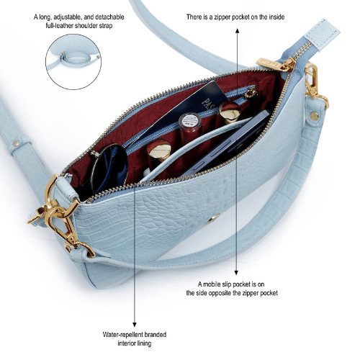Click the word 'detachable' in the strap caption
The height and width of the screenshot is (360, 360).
109,17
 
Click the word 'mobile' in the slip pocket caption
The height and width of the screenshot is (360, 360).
212,284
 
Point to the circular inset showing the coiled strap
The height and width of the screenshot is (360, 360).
73,62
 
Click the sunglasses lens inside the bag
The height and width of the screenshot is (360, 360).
109,168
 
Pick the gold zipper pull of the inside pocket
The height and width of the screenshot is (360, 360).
251,93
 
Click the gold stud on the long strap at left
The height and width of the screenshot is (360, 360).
16,143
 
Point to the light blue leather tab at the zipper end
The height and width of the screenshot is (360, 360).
322,35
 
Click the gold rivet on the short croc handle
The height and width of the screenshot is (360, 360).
314,116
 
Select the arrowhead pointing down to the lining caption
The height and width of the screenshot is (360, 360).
135,325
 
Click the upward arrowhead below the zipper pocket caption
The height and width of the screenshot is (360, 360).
237,30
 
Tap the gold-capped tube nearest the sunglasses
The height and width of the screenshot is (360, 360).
159,153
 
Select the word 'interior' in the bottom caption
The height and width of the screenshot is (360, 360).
125,343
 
